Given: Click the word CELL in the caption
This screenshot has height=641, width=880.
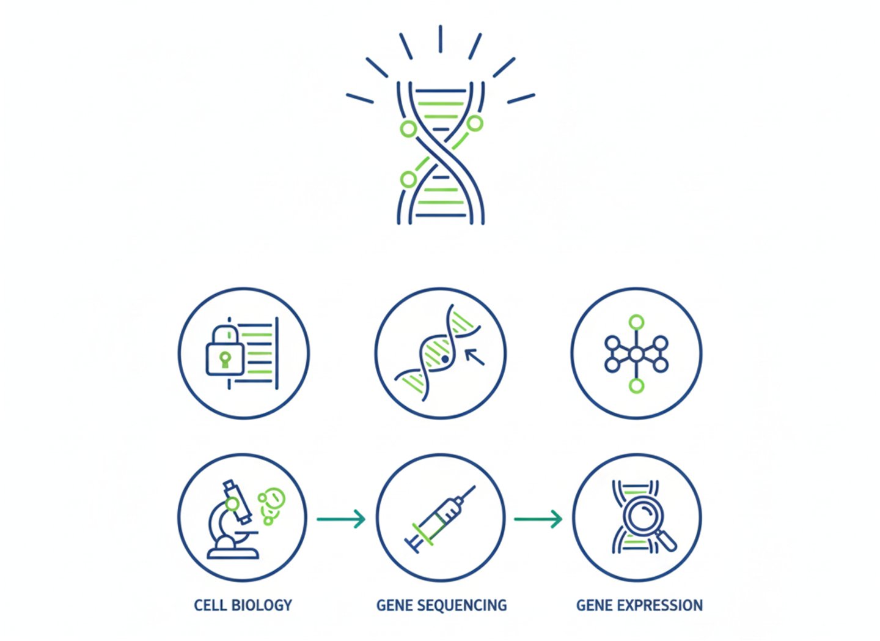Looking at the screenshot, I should click(x=210, y=606).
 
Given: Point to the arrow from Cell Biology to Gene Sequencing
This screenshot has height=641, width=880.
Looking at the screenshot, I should click(x=341, y=519).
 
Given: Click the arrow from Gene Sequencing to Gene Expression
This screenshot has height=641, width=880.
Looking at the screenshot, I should click(x=538, y=519).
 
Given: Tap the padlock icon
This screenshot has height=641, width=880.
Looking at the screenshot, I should click(x=225, y=352).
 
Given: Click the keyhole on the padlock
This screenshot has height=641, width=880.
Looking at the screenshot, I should click(x=225, y=358).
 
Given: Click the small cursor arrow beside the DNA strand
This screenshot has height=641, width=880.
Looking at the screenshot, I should click(x=475, y=357).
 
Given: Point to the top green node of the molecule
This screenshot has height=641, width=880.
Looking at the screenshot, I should click(x=637, y=322).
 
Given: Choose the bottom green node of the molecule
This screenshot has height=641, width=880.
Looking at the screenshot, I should click(x=637, y=386).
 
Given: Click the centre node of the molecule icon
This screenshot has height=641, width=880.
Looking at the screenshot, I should click(x=637, y=354).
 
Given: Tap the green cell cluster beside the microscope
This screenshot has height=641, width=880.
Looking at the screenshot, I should click(x=271, y=505).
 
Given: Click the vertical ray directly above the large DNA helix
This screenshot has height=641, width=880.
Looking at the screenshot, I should click(x=440, y=39).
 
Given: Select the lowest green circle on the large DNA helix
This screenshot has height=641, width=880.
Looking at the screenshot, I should click(x=408, y=180).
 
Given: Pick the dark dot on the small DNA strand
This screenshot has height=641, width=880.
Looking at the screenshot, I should click(x=446, y=360).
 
